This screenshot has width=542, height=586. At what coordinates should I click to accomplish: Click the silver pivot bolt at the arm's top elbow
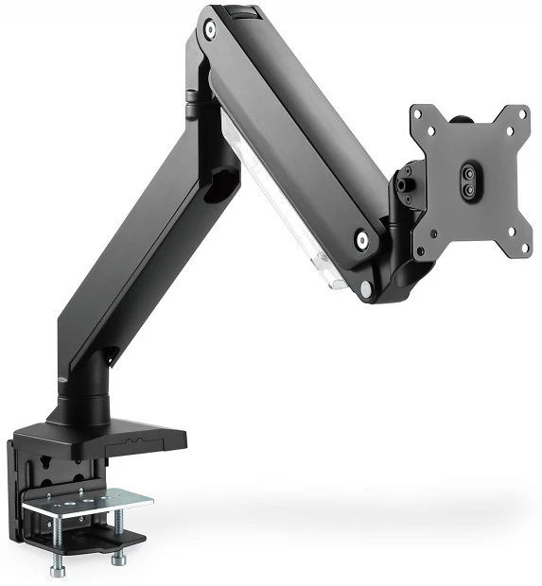point(209,31)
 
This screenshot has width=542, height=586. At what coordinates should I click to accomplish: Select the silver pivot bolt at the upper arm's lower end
point(363,240)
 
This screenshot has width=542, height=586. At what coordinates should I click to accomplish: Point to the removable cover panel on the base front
point(147,439)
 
